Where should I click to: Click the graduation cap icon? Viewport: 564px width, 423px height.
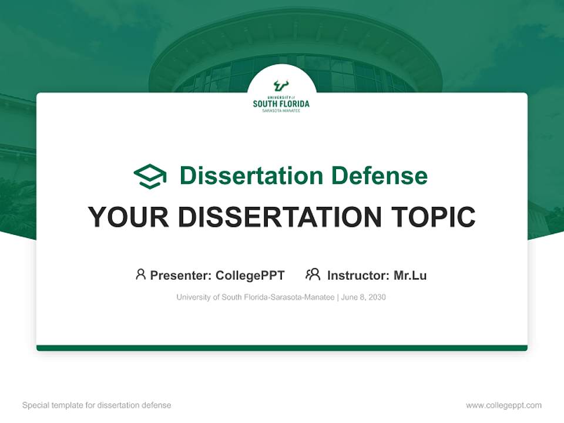pyautogui.click(x=150, y=176)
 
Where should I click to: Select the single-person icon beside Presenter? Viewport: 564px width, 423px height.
pyautogui.click(x=140, y=274)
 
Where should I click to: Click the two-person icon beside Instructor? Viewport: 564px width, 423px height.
pyautogui.click(x=313, y=274)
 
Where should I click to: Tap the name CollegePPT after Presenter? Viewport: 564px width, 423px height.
pyautogui.click(x=250, y=276)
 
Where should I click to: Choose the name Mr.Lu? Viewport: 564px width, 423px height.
pyautogui.click(x=410, y=276)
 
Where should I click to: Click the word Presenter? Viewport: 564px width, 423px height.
pyautogui.click(x=181, y=276)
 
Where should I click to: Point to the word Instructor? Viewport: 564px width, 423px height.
pyautogui.click(x=358, y=276)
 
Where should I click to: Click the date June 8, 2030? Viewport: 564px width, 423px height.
pyautogui.click(x=364, y=297)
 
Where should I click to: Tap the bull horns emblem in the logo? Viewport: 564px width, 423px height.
pyautogui.click(x=281, y=86)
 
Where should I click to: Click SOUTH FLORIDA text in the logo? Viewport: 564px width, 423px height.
pyautogui.click(x=281, y=104)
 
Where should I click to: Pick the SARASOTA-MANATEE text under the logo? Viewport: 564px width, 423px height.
pyautogui.click(x=281, y=110)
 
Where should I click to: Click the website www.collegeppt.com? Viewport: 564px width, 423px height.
pyautogui.click(x=503, y=405)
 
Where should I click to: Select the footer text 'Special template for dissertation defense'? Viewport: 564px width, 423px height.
pyautogui.click(x=97, y=405)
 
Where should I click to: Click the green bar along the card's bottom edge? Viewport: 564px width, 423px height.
pyautogui.click(x=282, y=348)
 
